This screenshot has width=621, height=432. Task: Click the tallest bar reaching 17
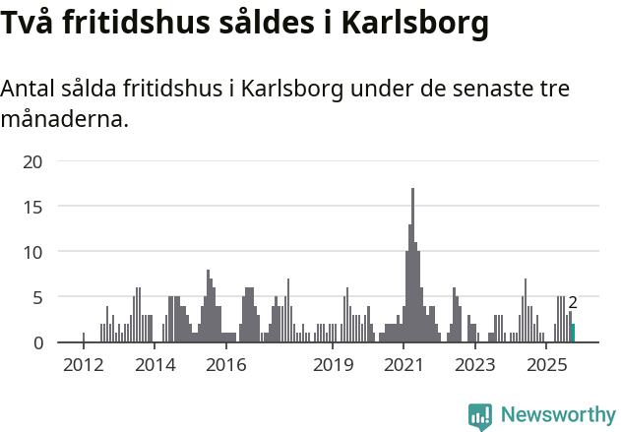[x=412, y=266]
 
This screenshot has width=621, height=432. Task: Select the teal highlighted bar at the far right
[x=573, y=334]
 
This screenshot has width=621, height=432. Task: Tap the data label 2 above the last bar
[x=573, y=303]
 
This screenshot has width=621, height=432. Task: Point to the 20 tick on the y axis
[x=32, y=161]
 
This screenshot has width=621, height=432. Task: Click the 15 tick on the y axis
[x=32, y=207]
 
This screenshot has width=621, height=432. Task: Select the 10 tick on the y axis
[x=32, y=252]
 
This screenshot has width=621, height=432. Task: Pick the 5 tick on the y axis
[x=37, y=297]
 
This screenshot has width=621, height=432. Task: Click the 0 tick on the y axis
[x=37, y=342]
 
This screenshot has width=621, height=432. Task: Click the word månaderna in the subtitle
[x=64, y=120]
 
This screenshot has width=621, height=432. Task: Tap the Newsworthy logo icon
[x=479, y=415]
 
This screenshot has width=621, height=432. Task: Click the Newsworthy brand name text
[x=558, y=415]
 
